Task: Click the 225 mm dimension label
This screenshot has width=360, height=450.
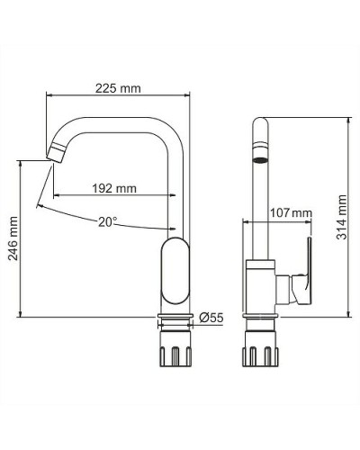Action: (x=119, y=88)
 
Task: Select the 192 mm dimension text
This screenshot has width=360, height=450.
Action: (x=114, y=188)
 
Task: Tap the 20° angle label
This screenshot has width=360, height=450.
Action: (x=108, y=220)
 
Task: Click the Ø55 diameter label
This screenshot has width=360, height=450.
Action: (x=211, y=317)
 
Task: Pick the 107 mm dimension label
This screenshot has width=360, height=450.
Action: (x=291, y=213)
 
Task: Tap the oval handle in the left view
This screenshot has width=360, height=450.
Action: (x=176, y=270)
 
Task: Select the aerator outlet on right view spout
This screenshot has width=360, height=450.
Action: (x=261, y=162)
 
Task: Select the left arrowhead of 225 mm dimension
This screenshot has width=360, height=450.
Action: (x=49, y=94)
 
